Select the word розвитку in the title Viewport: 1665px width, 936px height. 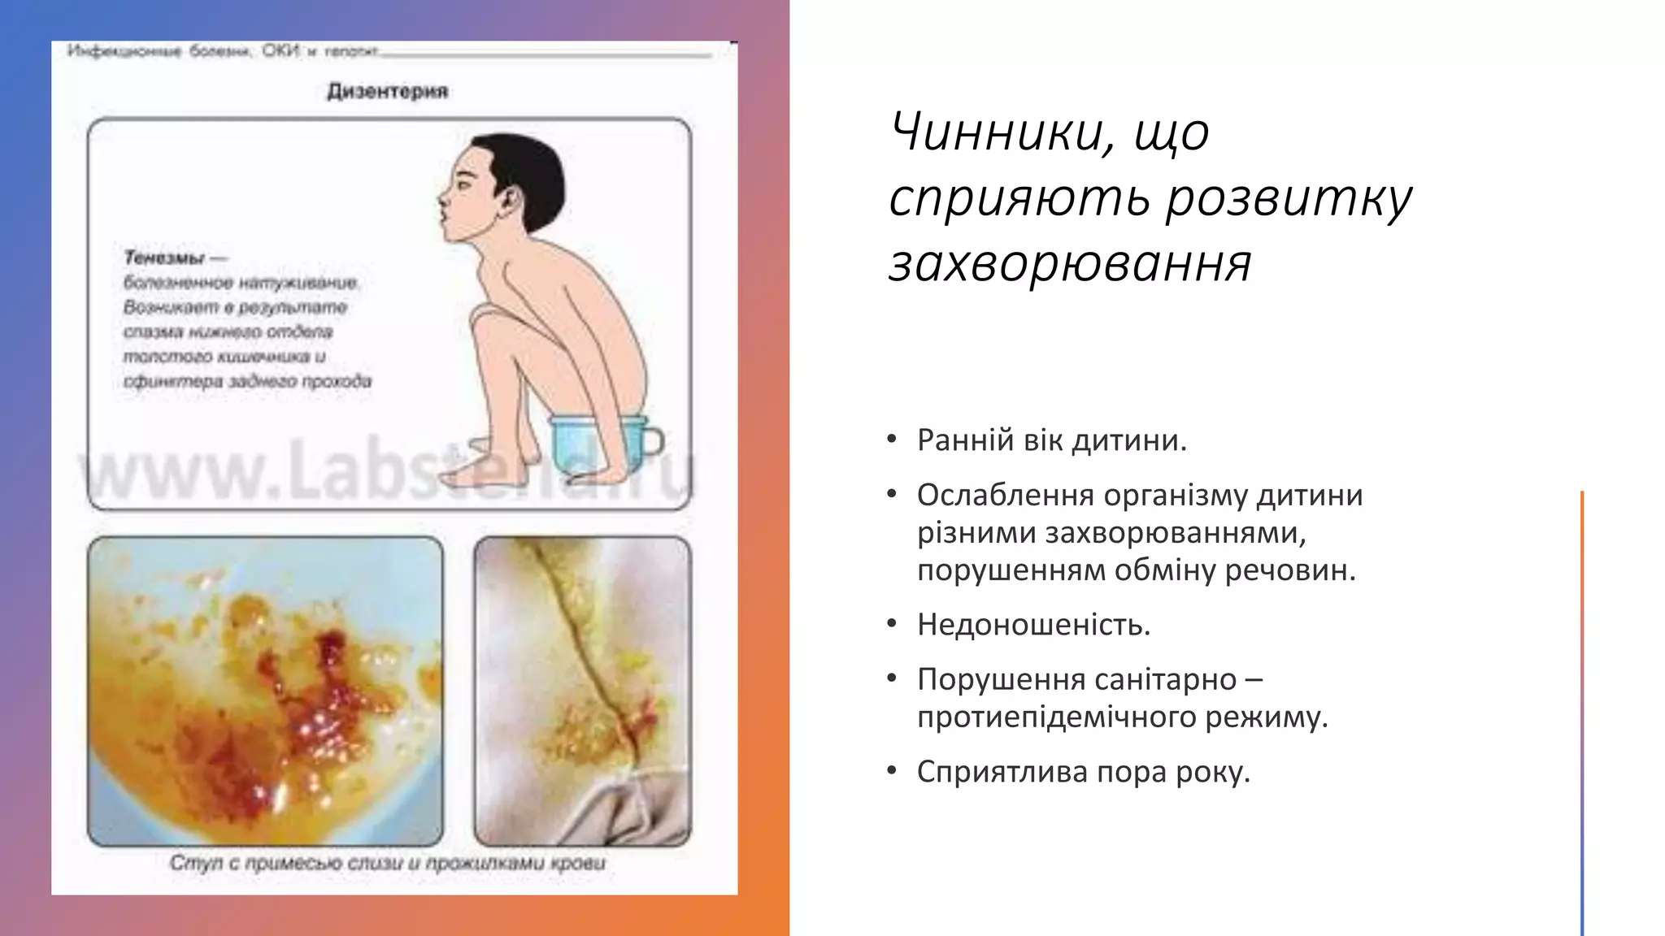(1289, 198)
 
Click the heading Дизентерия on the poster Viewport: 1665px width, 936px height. (388, 91)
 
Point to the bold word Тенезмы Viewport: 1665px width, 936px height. (165, 258)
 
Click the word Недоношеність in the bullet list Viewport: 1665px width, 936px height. (1033, 625)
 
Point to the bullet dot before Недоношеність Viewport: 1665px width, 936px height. (892, 624)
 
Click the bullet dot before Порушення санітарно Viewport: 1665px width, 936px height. (892, 678)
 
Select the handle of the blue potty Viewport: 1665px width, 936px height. (654, 440)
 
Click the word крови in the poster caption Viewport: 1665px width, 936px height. (578, 863)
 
